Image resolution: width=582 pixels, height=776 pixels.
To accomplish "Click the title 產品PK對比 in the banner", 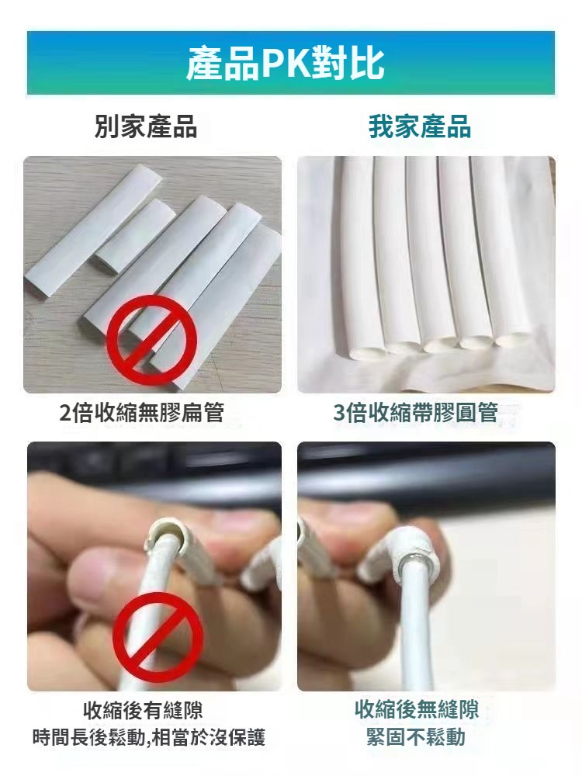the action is (x=285, y=63).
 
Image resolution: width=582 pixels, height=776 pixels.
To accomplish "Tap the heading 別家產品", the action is (x=146, y=126).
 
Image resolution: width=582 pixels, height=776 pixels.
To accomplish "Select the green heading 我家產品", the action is (x=420, y=126).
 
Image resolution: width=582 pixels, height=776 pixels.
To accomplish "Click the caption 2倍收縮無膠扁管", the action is (x=141, y=412).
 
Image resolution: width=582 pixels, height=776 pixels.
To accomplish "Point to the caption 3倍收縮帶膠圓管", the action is (x=416, y=412).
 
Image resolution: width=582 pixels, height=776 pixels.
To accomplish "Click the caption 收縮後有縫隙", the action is (x=143, y=710).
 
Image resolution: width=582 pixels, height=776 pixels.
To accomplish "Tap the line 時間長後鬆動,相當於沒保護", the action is (x=149, y=737).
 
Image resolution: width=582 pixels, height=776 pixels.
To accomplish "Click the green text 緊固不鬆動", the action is (x=416, y=736).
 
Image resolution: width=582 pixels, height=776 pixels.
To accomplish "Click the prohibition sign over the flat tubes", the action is (x=152, y=341).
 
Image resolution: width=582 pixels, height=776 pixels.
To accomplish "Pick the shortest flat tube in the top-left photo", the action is (x=136, y=233).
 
